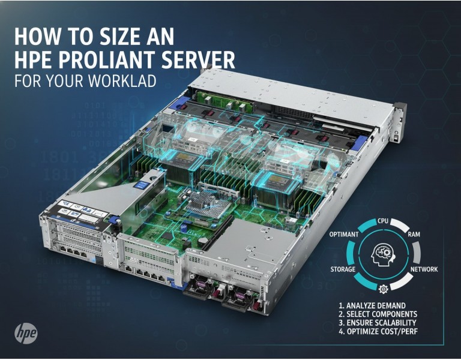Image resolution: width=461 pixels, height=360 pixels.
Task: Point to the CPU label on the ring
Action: (x=382, y=222)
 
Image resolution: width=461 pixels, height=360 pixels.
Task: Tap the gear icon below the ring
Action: (x=383, y=288)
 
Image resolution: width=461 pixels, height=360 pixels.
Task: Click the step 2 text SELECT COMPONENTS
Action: (x=378, y=314)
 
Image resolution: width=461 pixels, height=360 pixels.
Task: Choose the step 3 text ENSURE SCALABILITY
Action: (x=378, y=323)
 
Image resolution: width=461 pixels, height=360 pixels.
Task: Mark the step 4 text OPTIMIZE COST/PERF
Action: (x=378, y=332)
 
